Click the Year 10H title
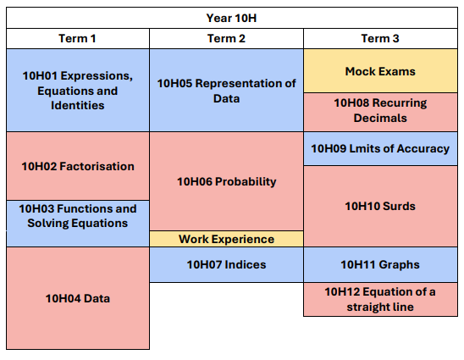point(232,18)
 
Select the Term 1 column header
point(77,39)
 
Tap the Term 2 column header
point(226,39)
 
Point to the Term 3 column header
point(380,39)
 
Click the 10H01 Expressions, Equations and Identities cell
point(77,91)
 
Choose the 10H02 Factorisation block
point(77,166)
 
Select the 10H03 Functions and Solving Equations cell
point(77,216)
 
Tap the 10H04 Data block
point(77,298)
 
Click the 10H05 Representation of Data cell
point(226,91)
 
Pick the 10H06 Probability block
point(226,181)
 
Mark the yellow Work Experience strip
point(226,239)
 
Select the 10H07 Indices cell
point(226,265)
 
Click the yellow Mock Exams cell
point(380,71)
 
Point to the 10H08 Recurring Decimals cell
point(380,111)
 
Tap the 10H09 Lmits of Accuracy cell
point(380,148)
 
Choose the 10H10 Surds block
point(380,206)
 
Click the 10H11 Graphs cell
point(380,265)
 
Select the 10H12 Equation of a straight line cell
point(380,299)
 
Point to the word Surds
point(400,206)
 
